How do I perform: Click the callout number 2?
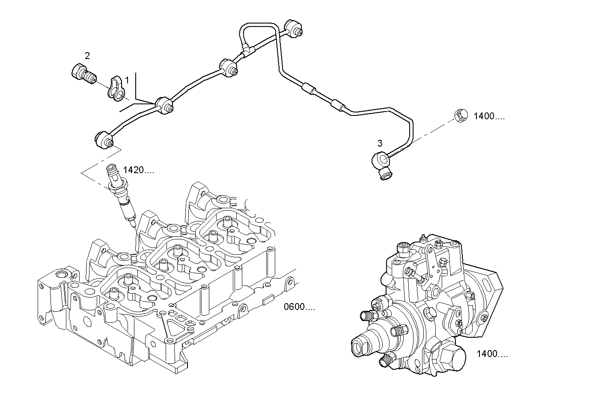[87, 55]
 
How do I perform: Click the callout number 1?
[126, 80]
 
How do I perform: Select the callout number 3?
[379, 143]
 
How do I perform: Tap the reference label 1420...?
[138, 170]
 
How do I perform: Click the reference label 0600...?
[299, 307]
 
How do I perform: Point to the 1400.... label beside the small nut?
[489, 116]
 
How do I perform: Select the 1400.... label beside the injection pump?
[492, 354]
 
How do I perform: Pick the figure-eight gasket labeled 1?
[116, 88]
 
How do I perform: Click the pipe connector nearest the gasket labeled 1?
[164, 106]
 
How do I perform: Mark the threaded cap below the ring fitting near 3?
[386, 174]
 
